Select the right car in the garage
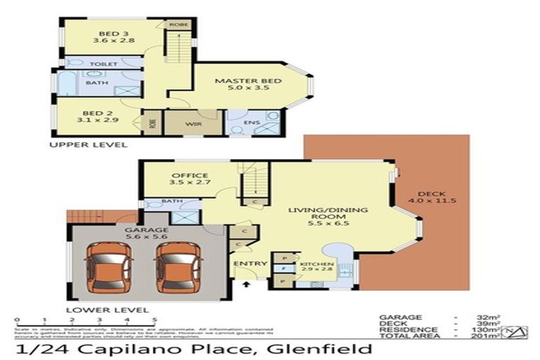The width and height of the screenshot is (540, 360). point(173,268)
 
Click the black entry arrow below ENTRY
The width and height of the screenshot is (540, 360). point(246,284)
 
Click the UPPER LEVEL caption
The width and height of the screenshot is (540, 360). point(88,144)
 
